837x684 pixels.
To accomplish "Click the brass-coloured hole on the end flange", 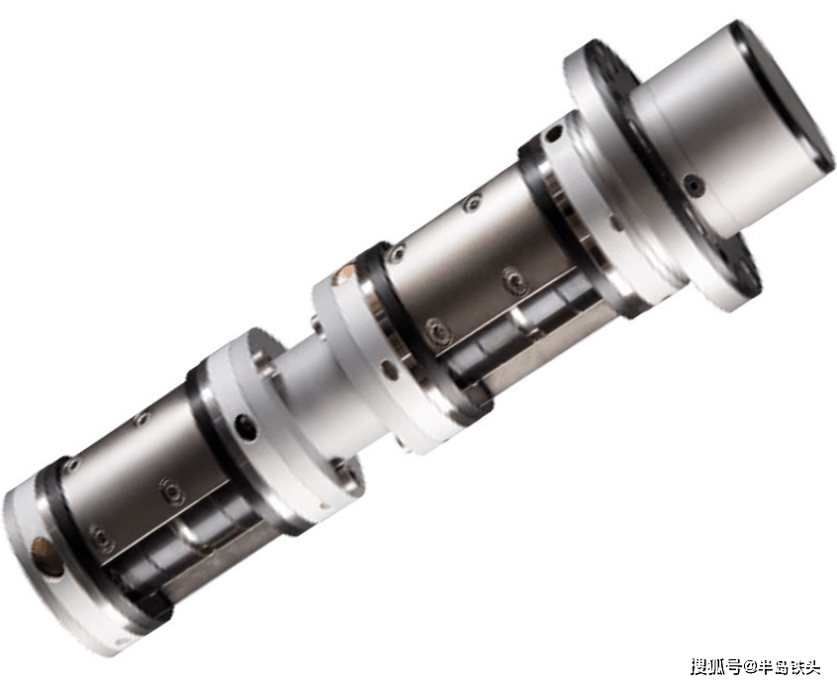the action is tap(46, 557).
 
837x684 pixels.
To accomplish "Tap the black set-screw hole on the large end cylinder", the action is tap(694, 185).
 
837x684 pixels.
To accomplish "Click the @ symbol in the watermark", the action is tap(750, 667).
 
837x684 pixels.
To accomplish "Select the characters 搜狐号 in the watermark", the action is tap(717, 667).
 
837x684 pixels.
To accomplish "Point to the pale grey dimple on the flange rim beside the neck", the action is tap(386, 368).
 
